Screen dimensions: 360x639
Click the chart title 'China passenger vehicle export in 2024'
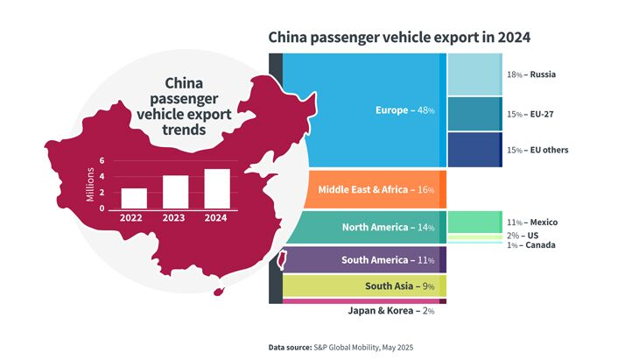pos(399,38)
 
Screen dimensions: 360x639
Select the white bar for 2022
pos(134,198)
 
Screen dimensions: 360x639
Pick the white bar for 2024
pos(217,188)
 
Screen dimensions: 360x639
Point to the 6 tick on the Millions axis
pos(102,161)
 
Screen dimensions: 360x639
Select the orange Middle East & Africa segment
pos(368,189)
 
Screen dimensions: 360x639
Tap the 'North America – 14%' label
pos(387,227)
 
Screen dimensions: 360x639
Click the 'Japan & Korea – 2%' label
pos(392,310)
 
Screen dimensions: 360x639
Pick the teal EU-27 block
pos(474,114)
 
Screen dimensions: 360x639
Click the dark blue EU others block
pos(474,149)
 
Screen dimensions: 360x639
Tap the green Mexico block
pos(474,222)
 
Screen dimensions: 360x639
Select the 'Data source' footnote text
pos(341,347)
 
